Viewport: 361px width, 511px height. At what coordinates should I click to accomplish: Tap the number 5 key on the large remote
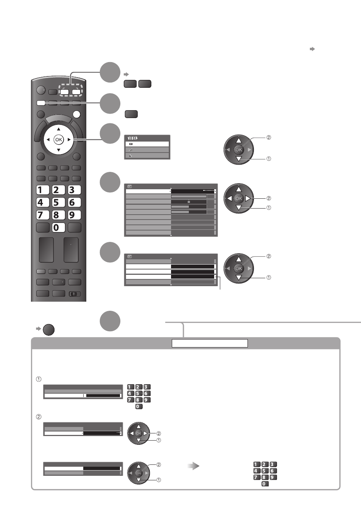(x=59, y=203)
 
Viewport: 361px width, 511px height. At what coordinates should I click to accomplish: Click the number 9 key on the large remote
(x=74, y=215)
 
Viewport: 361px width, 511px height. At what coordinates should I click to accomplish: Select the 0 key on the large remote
(x=59, y=227)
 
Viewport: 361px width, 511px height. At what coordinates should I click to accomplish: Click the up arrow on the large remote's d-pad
(x=59, y=129)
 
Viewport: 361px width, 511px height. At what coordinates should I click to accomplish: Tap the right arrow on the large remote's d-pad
(x=69, y=140)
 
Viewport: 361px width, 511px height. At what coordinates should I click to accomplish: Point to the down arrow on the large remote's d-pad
(x=59, y=150)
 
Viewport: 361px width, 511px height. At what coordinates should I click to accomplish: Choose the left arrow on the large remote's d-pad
(x=48, y=140)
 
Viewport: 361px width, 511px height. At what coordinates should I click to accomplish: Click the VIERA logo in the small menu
(x=132, y=138)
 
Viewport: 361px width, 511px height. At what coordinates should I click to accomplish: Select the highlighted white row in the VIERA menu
(x=147, y=144)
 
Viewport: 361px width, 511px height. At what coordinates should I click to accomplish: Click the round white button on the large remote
(x=76, y=114)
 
